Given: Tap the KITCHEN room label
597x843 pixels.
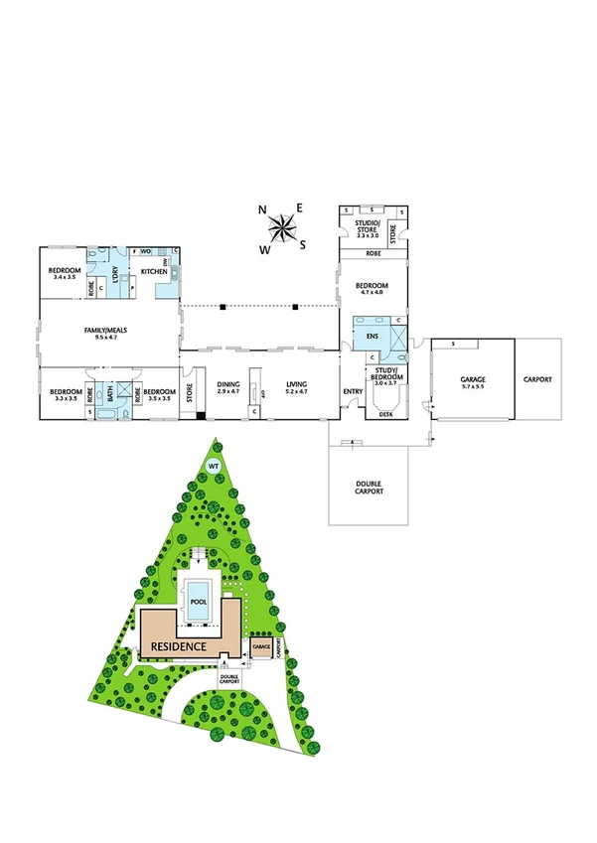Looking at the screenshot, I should (x=153, y=271).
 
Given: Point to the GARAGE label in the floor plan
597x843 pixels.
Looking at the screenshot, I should (x=472, y=379).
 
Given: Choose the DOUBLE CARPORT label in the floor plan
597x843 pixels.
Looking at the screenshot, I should (x=369, y=487).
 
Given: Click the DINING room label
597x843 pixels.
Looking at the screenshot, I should (x=229, y=384).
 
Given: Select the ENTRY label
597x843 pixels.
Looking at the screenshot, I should (x=354, y=391).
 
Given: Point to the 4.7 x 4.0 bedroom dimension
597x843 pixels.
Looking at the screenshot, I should (x=373, y=293).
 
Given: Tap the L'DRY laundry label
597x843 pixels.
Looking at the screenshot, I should (x=115, y=279).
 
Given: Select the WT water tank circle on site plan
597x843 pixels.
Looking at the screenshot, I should (x=212, y=466).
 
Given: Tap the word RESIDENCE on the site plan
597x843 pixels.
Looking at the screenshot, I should (x=179, y=646).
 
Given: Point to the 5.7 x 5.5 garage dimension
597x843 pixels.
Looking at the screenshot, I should (x=472, y=388).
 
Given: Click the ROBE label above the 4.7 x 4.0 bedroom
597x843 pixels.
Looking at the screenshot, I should (x=373, y=254).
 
